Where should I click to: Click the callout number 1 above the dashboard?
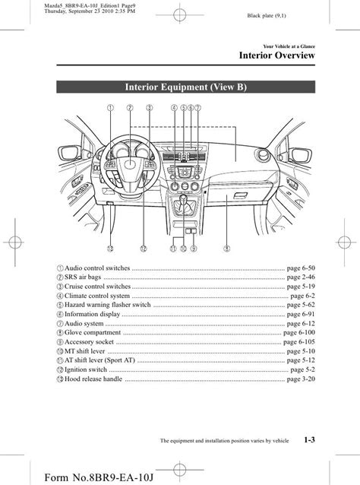(x=110, y=108)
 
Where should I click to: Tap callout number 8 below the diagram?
(x=226, y=249)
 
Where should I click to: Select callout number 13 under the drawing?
(x=110, y=249)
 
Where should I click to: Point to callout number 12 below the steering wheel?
(x=143, y=249)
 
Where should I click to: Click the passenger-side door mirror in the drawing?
(x=300, y=155)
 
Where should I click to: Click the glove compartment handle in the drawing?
(x=240, y=195)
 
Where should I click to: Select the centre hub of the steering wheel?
(x=130, y=163)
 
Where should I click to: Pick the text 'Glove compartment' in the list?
(x=93, y=332)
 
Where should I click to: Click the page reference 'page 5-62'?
(x=301, y=305)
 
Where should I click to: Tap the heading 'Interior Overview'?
(x=277, y=55)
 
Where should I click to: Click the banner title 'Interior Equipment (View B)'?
(x=186, y=87)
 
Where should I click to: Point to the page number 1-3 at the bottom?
(x=309, y=439)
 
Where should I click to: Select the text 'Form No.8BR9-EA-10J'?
(x=99, y=477)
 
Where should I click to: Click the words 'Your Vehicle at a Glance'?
(x=289, y=46)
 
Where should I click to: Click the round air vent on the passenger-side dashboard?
(x=263, y=154)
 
